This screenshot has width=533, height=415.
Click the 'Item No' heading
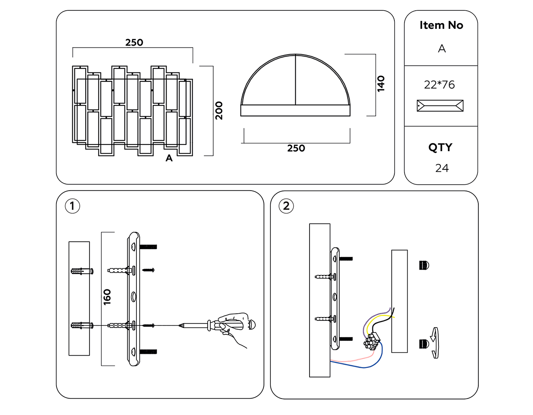(441, 25)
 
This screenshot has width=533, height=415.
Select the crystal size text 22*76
(439, 85)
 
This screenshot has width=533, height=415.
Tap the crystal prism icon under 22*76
(440, 106)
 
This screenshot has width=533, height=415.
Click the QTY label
(440, 147)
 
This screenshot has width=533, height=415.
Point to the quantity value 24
(442, 168)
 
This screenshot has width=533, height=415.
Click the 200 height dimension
(219, 111)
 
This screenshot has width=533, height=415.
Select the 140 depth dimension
(381, 84)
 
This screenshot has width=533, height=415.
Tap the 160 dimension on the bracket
(107, 297)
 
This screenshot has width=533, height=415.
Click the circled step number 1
(72, 206)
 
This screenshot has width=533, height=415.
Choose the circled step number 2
(286, 206)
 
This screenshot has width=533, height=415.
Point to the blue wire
(370, 365)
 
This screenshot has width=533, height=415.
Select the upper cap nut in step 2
(424, 265)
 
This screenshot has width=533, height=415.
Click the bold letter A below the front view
(169, 158)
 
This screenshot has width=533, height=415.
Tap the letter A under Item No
(442, 48)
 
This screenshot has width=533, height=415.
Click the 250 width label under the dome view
(296, 148)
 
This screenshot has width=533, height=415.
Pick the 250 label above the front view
(134, 43)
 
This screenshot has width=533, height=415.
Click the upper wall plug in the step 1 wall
(82, 271)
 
